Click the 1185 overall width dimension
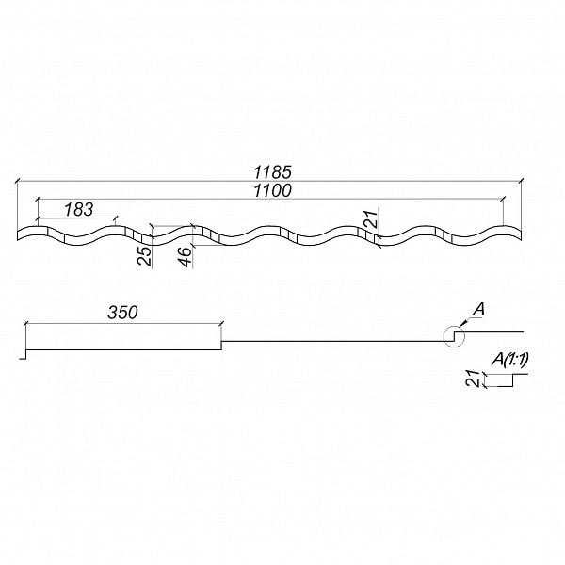point(273,172)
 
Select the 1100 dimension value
point(273,190)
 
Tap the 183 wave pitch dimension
point(78,209)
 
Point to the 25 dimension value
point(145,255)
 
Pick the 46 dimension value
point(186,256)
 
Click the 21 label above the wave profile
point(372,218)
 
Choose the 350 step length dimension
point(122,313)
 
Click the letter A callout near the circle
point(478,310)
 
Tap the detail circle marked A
point(454,336)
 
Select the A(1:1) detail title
point(510,360)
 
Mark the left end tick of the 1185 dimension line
point(17,181)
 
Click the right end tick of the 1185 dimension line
point(521,181)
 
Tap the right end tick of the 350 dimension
point(221,324)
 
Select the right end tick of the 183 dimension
point(115,218)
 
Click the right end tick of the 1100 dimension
point(503,199)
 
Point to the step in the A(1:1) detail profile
point(513,380)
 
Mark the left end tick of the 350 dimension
point(25,324)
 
